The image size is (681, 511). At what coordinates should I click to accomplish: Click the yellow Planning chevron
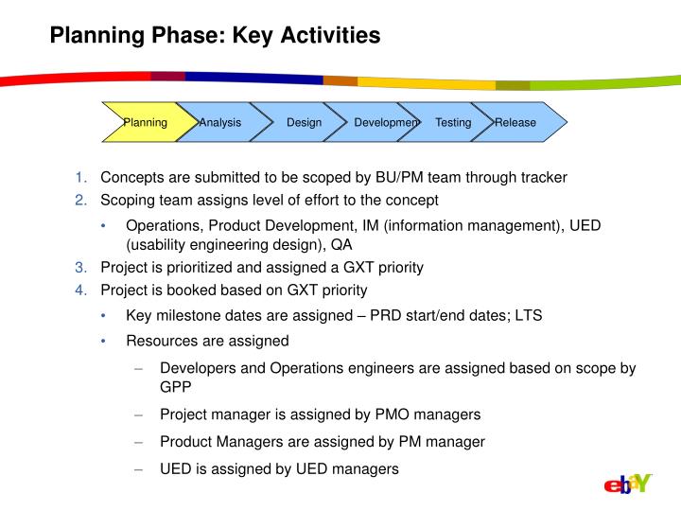pos(144,123)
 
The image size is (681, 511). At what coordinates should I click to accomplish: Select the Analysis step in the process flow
pos(219,123)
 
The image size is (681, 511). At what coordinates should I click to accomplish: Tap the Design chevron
pos(304,123)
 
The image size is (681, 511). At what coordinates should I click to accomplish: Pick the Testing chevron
pos(453,123)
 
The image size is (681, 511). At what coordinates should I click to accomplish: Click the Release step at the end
pos(518,123)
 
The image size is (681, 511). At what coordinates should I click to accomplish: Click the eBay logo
pos(628,485)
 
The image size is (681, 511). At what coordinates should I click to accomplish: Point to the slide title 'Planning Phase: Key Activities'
pos(215,36)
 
